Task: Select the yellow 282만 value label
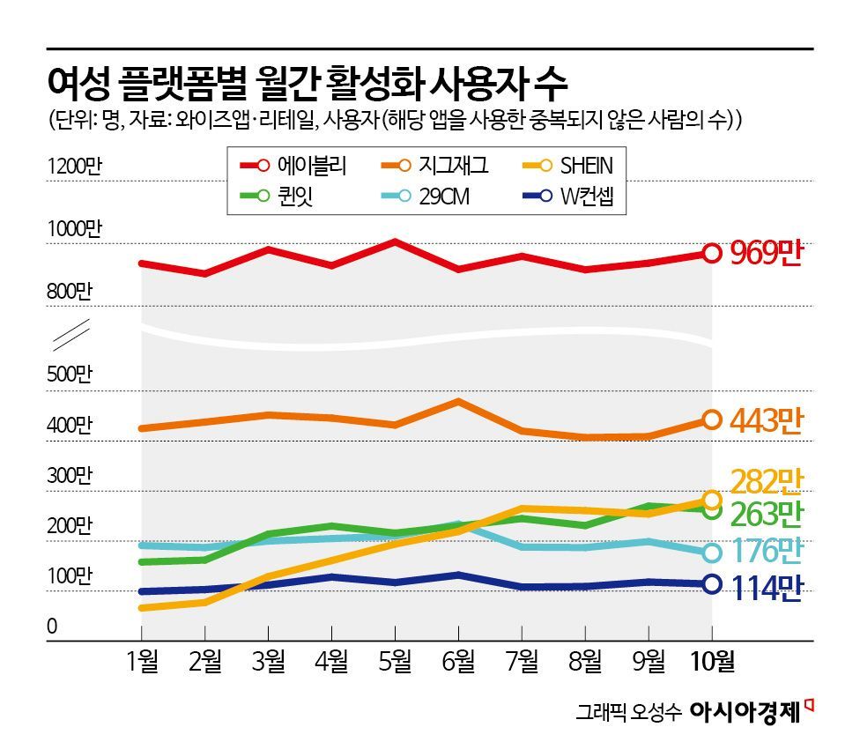click(x=767, y=481)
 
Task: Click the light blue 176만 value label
click(x=767, y=552)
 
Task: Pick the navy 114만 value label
click(x=767, y=588)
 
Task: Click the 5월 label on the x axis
click(x=395, y=661)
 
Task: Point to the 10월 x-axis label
click(x=711, y=661)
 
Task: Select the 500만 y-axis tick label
click(x=70, y=374)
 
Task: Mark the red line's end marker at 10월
click(x=711, y=254)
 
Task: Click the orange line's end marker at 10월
click(x=711, y=420)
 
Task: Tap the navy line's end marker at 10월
click(x=711, y=583)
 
